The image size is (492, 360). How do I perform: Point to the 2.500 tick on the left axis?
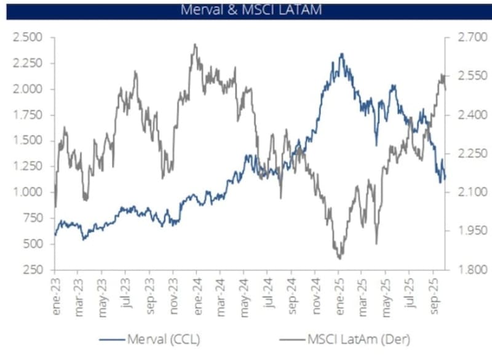(x=28, y=38)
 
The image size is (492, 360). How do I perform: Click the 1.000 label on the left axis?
(x=28, y=192)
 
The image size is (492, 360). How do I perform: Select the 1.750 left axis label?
(x=28, y=114)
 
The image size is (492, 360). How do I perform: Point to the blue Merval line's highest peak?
(x=341, y=54)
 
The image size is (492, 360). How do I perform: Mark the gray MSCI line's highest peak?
(x=195, y=44)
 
